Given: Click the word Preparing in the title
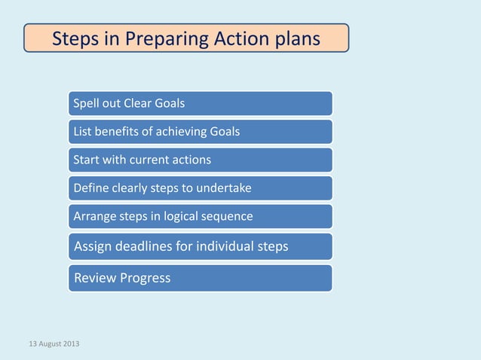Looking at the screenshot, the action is click(x=167, y=39).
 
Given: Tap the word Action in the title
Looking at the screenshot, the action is click(x=243, y=38).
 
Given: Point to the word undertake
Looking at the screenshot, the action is click(x=224, y=188).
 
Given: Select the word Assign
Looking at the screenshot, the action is click(x=93, y=246).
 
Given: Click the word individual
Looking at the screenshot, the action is click(x=225, y=246).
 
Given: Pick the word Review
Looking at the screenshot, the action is click(x=95, y=278).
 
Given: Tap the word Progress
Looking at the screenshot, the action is click(x=145, y=279).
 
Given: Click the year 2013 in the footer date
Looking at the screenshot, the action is click(x=71, y=343).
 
